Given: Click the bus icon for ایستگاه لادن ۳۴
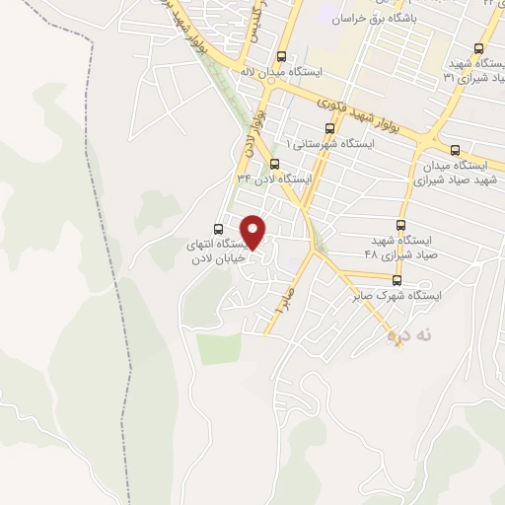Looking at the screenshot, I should point(274,164).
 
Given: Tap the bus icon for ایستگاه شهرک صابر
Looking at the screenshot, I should point(397,280).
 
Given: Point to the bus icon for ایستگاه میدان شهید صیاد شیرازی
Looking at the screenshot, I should point(455,150).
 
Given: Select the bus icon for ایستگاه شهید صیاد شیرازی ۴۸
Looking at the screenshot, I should point(399,226).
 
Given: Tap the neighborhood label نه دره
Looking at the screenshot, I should point(408,336).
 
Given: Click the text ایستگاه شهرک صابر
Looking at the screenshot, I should point(398,295).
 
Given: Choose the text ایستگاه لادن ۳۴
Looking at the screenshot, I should point(273,179).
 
